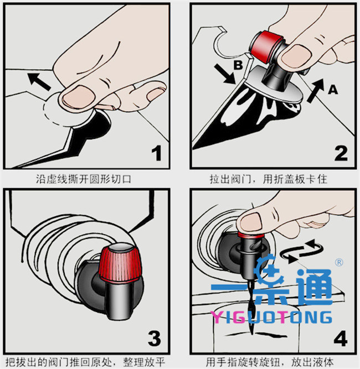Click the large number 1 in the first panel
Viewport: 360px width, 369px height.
pos(156,153)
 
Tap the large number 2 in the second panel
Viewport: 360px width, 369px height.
pos(341,153)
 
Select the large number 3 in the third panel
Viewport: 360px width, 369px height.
pos(155,338)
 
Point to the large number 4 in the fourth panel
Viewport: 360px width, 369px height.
pos(341,338)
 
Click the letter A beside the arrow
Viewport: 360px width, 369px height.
pos(333,90)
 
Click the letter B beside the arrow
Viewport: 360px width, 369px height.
pos(238,65)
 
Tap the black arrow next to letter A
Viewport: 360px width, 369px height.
pos(316,91)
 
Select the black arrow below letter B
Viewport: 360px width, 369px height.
pos(224,74)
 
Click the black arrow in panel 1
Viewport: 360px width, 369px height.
pos(39,81)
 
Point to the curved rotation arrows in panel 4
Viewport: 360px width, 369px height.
pos(301,251)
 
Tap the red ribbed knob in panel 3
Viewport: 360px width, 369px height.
pos(120,263)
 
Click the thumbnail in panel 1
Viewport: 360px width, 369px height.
pos(79,97)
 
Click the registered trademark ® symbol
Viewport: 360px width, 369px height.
pos(339,262)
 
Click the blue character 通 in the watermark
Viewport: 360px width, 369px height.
pos(314,287)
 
